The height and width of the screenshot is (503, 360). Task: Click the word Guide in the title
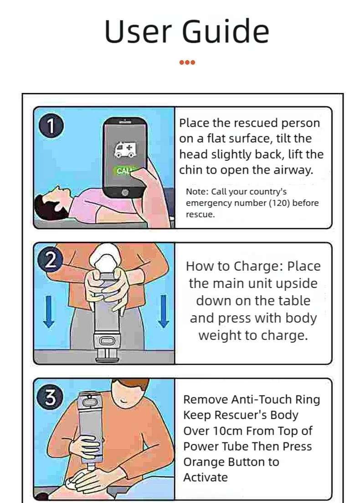coord(226,31)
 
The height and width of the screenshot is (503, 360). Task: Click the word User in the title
coord(138,31)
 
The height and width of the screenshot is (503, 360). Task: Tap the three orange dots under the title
coord(187,62)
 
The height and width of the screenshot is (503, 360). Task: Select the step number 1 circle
coord(51,126)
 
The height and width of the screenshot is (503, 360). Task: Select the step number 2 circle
coord(51,262)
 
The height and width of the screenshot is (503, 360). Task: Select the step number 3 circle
coord(51,397)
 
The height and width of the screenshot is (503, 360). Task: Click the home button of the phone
coord(124,192)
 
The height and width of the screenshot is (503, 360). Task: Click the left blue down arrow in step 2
coord(49,312)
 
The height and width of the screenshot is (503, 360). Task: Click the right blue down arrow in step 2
coord(164,312)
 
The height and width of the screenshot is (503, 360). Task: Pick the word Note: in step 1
coord(197,191)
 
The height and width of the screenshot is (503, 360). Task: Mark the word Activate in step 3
coord(206,477)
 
